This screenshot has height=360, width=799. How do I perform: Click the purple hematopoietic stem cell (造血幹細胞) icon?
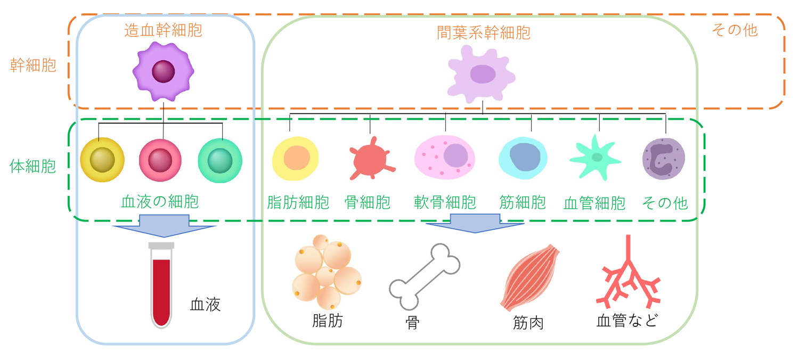(x=164, y=71)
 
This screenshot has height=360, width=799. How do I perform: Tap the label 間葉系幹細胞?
(x=484, y=33)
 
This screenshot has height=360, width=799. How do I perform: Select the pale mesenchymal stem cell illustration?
(x=481, y=74)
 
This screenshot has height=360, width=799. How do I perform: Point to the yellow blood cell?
(x=102, y=160)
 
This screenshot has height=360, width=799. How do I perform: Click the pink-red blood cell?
(x=160, y=160)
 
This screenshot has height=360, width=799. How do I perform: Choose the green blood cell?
(x=220, y=160)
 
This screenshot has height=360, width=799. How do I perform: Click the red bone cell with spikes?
(x=371, y=159)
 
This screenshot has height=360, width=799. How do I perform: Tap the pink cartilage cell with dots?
(x=445, y=157)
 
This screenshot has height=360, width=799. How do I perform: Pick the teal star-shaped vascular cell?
(x=595, y=157)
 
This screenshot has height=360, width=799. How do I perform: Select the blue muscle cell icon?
(x=523, y=158)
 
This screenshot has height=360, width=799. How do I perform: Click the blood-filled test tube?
(x=161, y=285)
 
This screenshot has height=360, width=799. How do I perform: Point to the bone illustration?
(x=425, y=277)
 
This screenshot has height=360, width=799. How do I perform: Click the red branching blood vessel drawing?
(x=628, y=273)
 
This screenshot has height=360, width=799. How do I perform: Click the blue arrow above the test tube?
(x=164, y=225)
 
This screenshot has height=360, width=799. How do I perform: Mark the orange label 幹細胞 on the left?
(x=33, y=66)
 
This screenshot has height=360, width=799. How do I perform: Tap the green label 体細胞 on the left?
(x=33, y=166)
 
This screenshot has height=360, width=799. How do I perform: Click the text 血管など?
(x=627, y=321)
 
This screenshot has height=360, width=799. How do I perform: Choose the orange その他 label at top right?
(x=735, y=30)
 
